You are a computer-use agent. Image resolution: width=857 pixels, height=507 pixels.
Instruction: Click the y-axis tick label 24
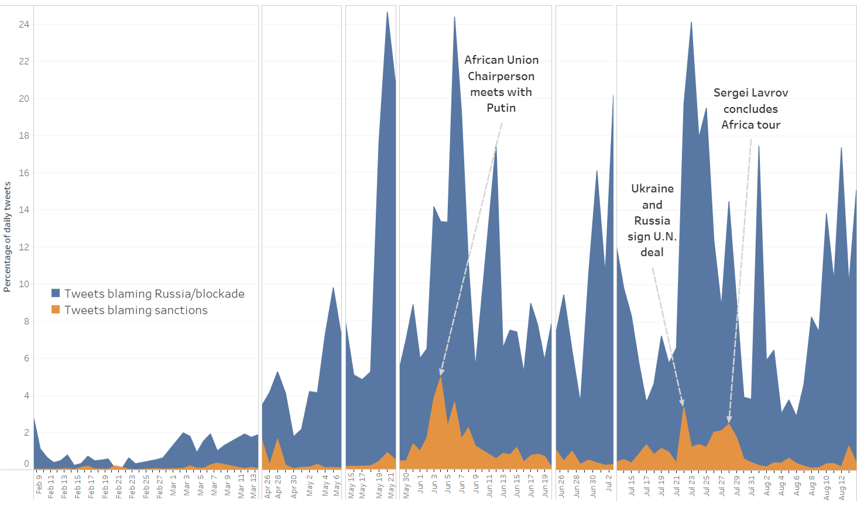[23, 25]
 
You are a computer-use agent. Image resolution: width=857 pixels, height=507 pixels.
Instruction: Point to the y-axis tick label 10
[23, 284]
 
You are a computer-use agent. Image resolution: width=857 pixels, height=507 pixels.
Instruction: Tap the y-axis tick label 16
[23, 173]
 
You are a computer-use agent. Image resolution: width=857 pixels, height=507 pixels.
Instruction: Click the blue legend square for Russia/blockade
[56, 293]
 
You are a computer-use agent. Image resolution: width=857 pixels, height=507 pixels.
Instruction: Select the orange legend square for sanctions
[56, 310]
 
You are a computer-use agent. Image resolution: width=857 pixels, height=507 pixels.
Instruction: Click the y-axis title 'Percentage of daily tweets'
[7, 237]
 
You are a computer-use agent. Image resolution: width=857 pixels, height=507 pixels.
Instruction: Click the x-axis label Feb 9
[39, 485]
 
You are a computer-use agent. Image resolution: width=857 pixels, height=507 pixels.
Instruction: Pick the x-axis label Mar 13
[253, 485]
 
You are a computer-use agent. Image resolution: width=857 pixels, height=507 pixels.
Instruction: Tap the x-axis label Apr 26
[268, 486]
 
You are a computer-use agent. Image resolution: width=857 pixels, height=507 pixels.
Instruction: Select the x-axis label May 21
[391, 486]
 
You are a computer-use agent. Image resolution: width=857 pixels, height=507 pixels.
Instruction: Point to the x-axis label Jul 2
[609, 485]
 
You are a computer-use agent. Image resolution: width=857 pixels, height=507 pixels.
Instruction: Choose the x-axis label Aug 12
[842, 486]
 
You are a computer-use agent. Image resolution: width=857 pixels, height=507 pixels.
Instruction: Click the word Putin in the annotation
[501, 108]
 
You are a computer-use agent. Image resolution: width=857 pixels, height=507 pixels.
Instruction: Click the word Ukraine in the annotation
[652, 189]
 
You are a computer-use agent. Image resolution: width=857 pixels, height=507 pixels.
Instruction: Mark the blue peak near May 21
[387, 12]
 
